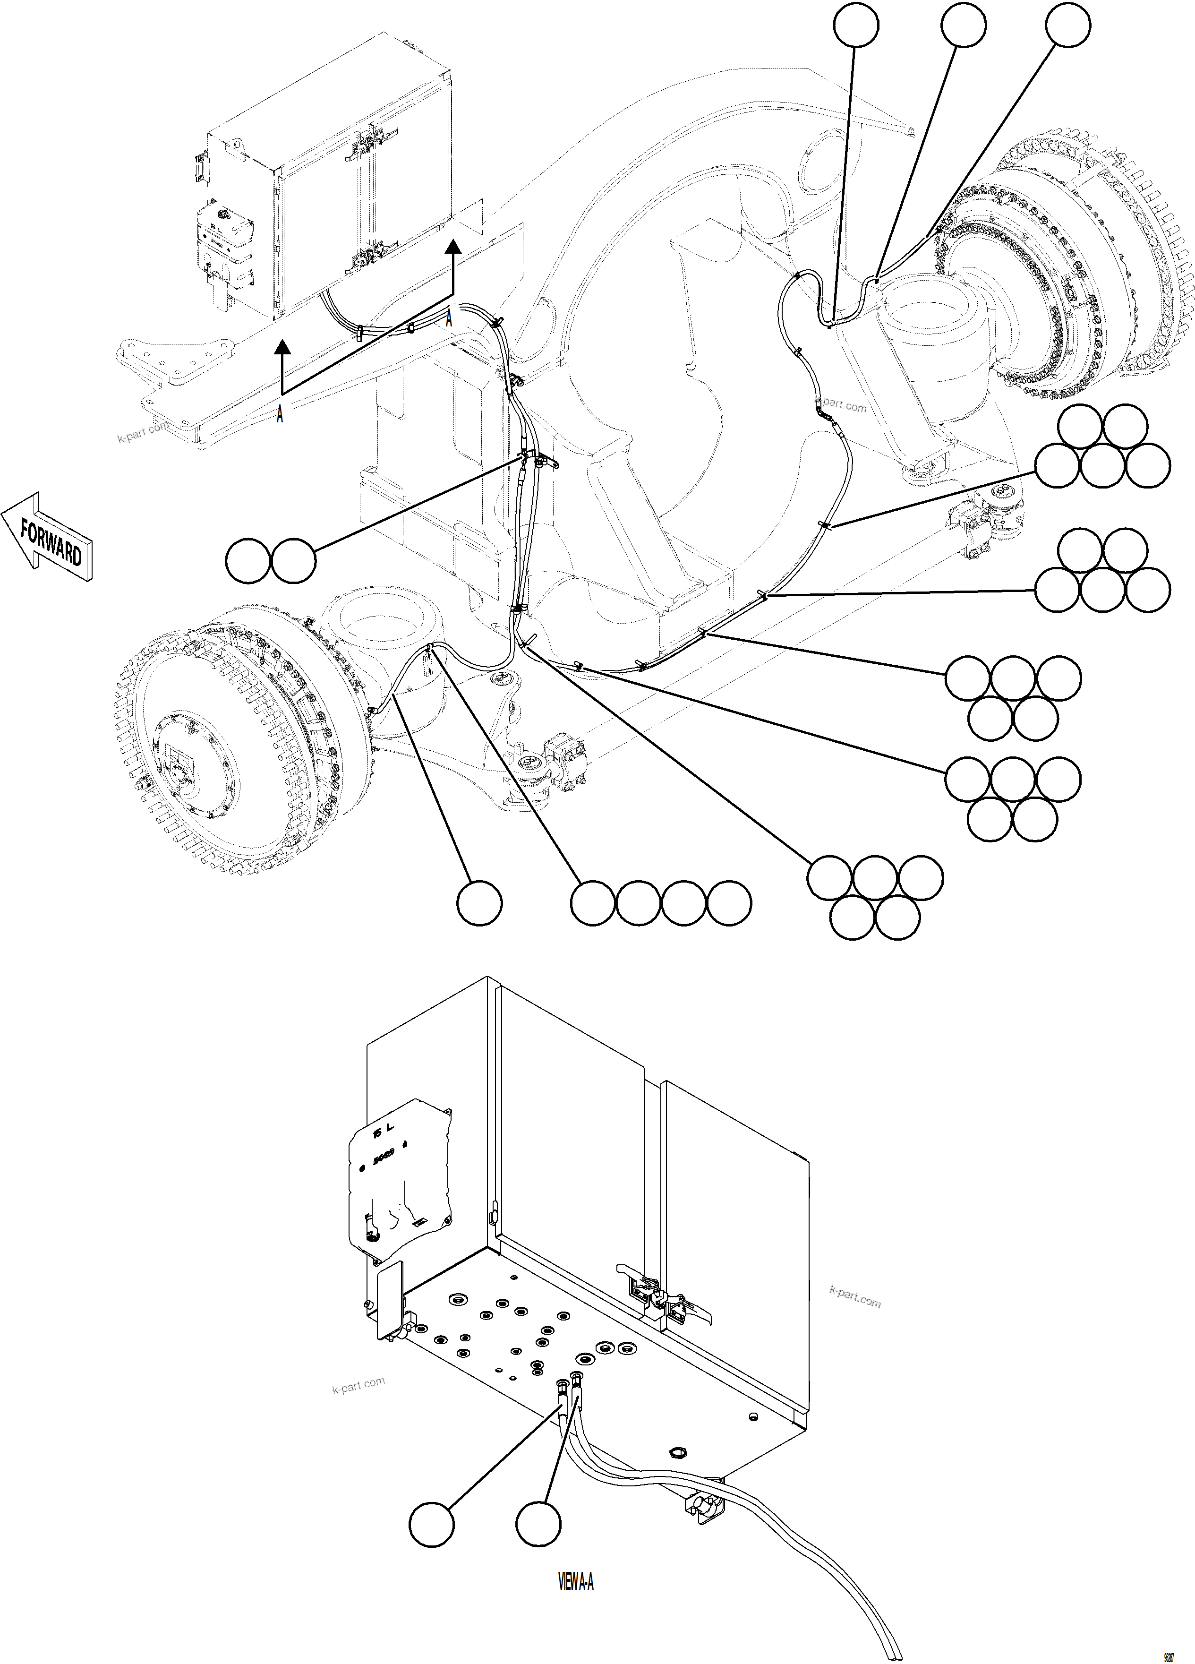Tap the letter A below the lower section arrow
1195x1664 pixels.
coord(280,416)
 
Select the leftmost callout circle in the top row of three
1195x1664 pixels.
coord(856,24)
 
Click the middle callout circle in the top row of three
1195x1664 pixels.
coord(963,24)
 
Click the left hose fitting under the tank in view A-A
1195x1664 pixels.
coord(561,1384)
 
